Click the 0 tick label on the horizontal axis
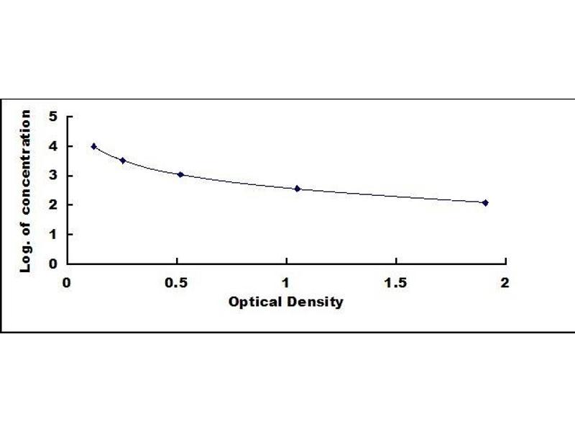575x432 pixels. point(67,282)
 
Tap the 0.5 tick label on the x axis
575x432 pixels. point(177,282)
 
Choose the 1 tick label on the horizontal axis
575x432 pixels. point(286,282)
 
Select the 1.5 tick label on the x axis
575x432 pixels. point(395,282)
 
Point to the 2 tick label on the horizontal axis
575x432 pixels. point(505,282)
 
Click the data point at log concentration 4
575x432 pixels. point(94,146)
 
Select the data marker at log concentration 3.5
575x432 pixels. point(123,161)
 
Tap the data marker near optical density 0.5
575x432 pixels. point(180,174)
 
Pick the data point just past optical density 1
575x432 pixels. point(297,189)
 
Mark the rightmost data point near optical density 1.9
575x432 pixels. point(485,202)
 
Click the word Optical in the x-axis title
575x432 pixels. point(251,302)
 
